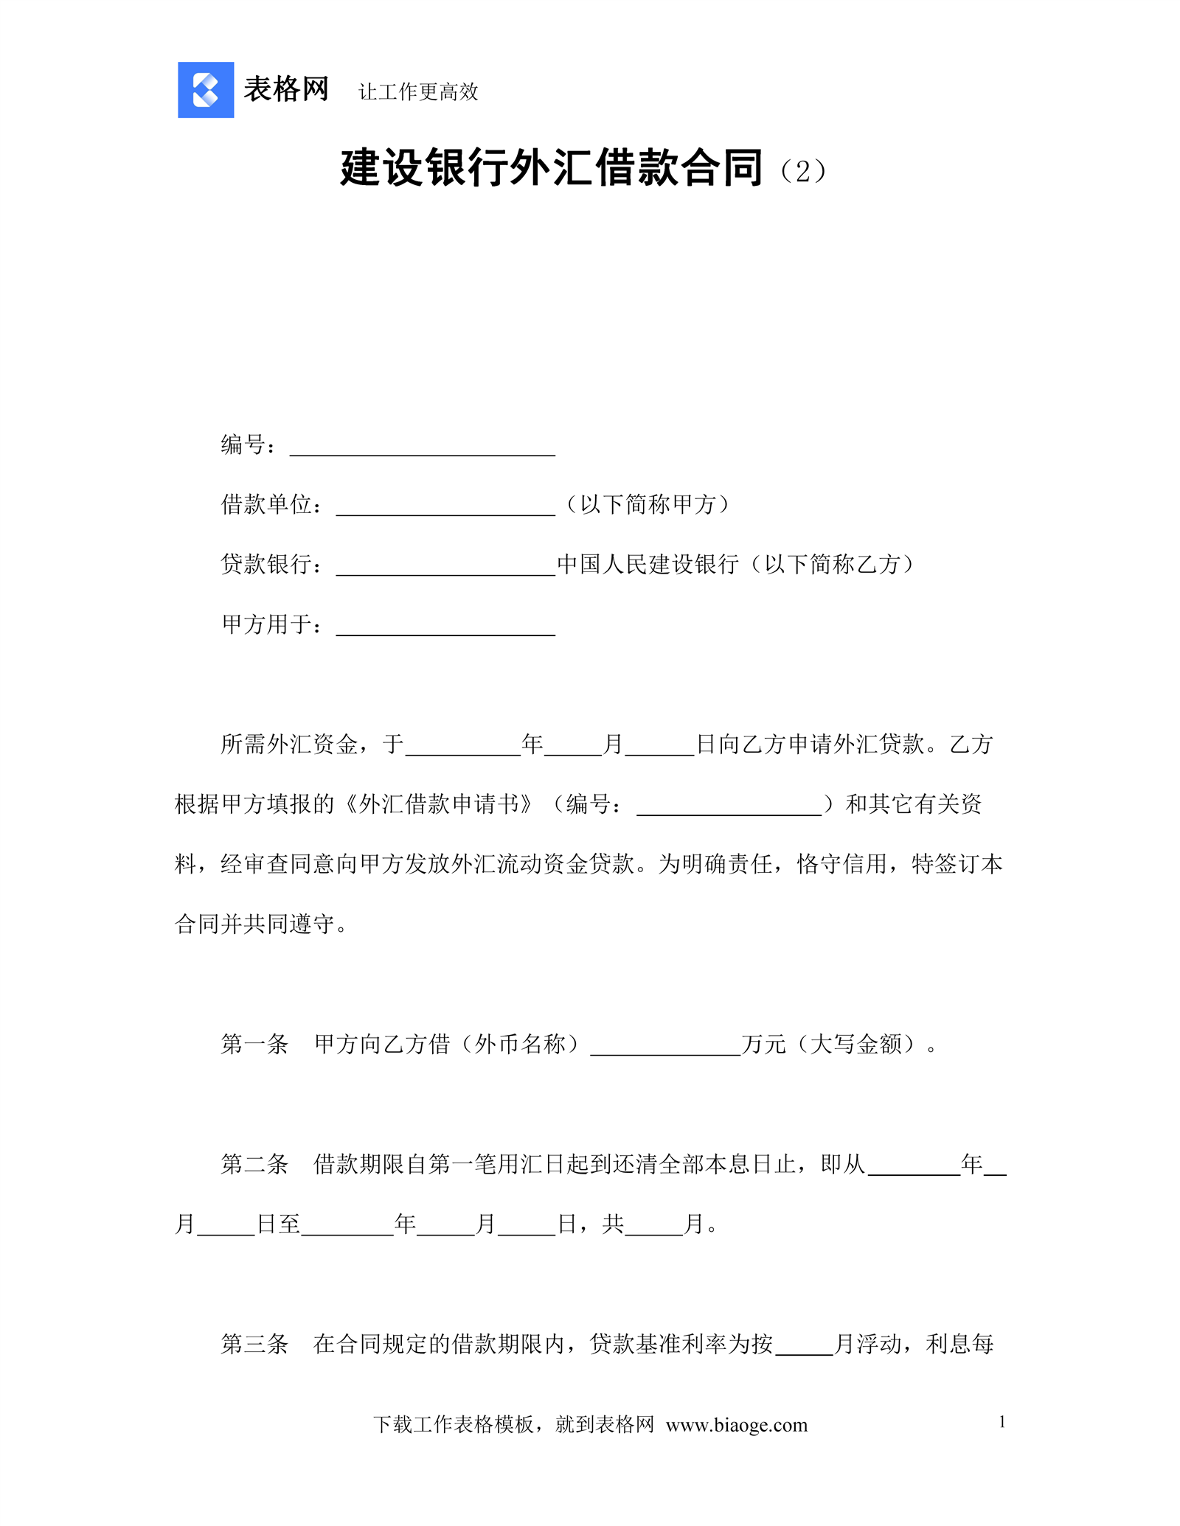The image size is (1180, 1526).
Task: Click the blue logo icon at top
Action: click(206, 90)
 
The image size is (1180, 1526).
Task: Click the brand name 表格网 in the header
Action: click(286, 90)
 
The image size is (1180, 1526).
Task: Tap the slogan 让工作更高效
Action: click(418, 92)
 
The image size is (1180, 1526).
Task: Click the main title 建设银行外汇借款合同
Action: click(551, 168)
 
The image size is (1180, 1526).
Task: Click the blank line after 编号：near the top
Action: click(422, 448)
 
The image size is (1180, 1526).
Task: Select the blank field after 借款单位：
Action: click(445, 508)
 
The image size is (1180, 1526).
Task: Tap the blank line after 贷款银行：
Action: click(445, 568)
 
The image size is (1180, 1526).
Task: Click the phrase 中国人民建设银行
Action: click(648, 565)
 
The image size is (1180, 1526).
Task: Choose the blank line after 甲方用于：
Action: click(445, 627)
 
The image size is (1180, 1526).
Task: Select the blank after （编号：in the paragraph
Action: click(729, 807)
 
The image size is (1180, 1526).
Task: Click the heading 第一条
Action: click(254, 1044)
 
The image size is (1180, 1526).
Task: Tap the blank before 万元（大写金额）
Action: click(665, 1048)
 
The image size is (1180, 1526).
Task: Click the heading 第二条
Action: click(254, 1164)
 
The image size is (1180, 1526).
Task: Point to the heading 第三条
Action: click(254, 1344)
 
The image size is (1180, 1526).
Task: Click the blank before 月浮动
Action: click(804, 1348)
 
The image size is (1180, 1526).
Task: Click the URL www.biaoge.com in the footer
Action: click(736, 1425)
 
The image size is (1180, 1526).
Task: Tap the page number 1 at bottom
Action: click(1002, 1422)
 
